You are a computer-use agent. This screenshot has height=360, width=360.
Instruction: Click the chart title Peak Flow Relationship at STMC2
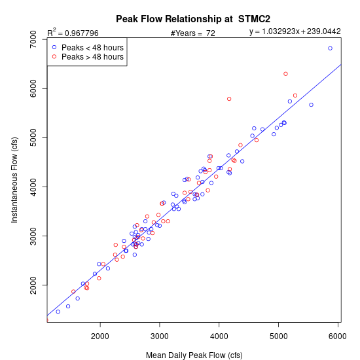tap(193, 19)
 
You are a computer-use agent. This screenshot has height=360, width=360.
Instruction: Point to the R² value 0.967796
tap(82, 33)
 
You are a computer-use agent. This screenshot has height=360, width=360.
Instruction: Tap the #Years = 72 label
tap(193, 33)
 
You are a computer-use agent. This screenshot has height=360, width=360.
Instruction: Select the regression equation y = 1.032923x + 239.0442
tap(295, 31)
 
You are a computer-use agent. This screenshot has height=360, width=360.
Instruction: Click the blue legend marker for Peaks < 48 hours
tap(54, 47)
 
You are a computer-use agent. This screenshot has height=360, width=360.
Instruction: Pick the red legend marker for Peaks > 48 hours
tap(54, 56)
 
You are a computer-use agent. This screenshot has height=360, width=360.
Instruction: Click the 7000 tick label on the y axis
tap(33, 39)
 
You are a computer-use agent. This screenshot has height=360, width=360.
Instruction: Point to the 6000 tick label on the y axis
tap(33, 88)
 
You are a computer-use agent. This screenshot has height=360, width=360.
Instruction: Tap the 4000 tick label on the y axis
tap(33, 187)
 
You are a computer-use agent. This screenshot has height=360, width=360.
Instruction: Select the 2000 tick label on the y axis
tap(33, 285)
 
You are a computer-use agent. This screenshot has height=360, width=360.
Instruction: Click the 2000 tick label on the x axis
tap(100, 336)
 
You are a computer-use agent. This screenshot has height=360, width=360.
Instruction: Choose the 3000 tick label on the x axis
tap(160, 336)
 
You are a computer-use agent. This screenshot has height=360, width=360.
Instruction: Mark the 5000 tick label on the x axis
tap(278, 336)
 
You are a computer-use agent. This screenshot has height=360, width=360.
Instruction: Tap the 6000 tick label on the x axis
tap(338, 336)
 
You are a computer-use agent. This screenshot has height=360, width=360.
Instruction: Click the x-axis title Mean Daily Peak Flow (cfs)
tap(194, 355)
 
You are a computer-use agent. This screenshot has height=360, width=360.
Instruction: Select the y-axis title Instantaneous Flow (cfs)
tap(14, 180)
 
